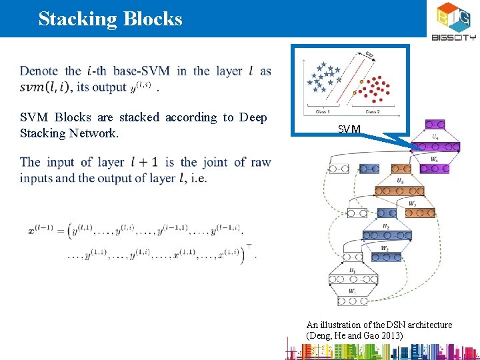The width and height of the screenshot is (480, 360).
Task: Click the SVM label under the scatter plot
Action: tap(349, 129)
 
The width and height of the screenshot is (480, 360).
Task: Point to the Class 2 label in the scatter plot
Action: tap(370, 112)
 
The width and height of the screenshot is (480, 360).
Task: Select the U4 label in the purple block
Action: tap(435, 136)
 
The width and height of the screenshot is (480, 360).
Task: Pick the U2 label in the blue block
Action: tap(385, 225)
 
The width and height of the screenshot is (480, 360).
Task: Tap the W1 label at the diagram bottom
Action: tap(353, 291)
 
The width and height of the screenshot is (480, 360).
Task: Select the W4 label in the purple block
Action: tap(433, 159)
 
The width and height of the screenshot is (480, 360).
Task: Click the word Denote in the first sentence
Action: tap(39, 71)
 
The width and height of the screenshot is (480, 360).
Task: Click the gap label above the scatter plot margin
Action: tap(369, 55)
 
